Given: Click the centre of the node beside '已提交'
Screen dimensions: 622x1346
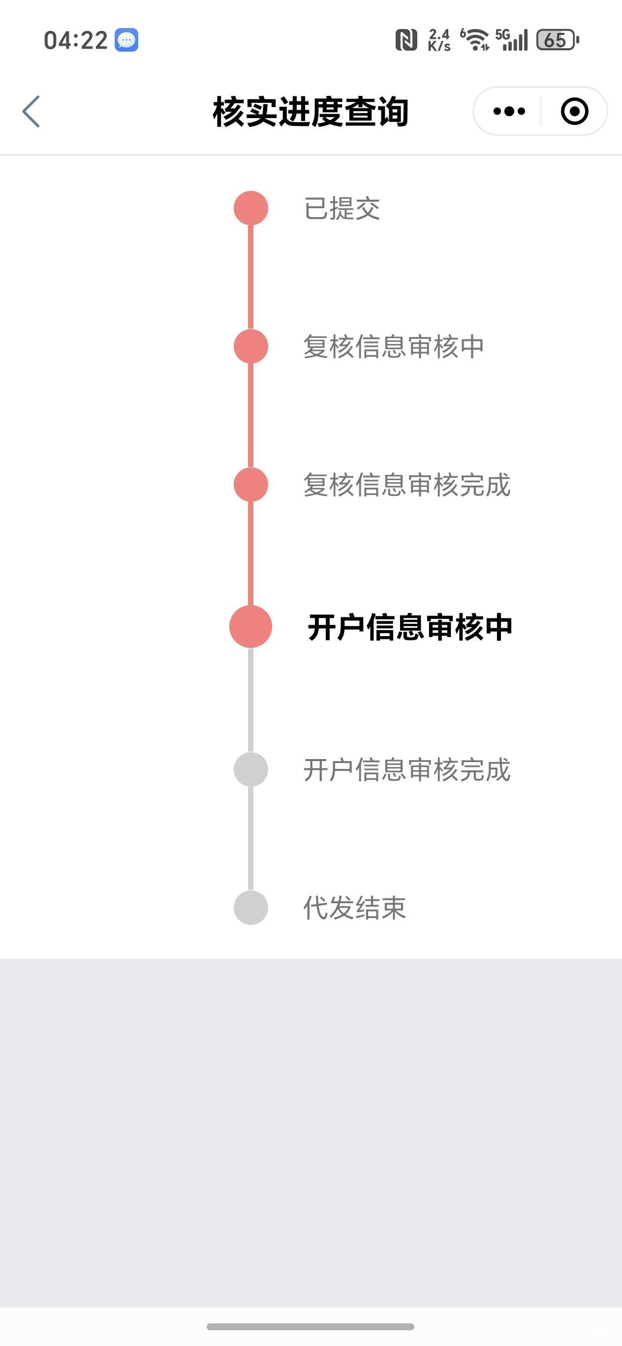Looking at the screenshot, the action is click(x=251, y=208).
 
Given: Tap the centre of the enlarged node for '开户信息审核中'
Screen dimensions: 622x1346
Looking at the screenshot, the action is click(x=251, y=626).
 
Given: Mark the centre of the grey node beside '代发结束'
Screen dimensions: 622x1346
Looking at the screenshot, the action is click(x=251, y=908).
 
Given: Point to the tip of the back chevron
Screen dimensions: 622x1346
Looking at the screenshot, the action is click(x=23, y=111).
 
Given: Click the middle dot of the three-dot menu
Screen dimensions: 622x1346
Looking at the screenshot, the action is click(x=509, y=111).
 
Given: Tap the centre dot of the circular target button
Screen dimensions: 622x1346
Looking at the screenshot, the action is click(x=574, y=111).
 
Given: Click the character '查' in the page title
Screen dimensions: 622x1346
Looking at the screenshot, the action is click(x=360, y=111).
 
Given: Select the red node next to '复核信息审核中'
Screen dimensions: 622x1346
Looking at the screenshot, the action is click(x=251, y=346).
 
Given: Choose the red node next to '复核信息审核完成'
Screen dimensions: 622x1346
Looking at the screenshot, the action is click(x=251, y=485).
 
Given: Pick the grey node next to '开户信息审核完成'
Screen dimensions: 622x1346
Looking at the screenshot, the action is click(x=251, y=769).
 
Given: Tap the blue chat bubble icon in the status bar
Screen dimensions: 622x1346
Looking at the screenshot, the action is click(x=126, y=40).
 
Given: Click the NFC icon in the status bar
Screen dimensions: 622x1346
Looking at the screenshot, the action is click(x=406, y=40).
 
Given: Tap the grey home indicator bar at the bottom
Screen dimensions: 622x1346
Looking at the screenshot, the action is click(x=311, y=1327).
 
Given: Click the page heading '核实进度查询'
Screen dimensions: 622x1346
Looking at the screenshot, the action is click(x=311, y=111).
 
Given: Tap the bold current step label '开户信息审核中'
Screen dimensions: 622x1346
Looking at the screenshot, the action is click(x=410, y=627).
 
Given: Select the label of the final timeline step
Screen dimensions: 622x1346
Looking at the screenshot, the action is click(x=355, y=908).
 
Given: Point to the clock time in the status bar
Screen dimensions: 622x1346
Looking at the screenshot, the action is click(x=76, y=40).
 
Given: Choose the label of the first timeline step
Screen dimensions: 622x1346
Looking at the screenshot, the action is click(x=342, y=209).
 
